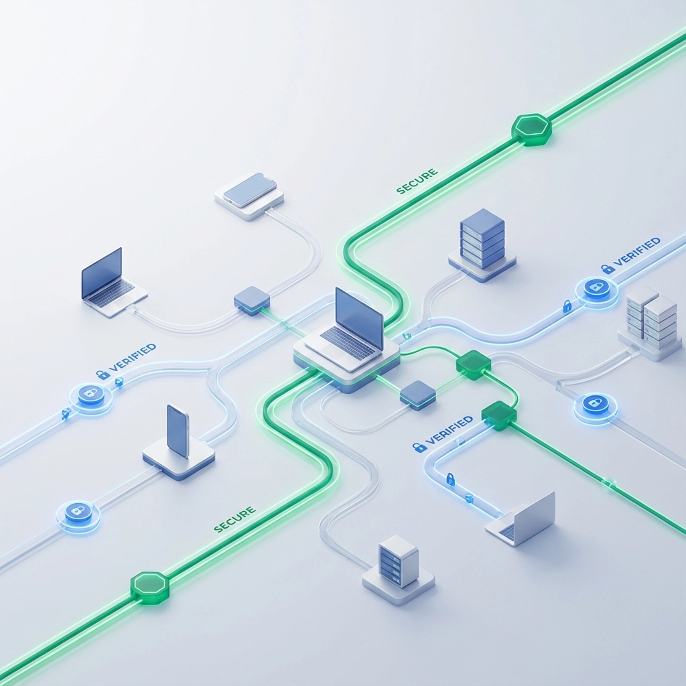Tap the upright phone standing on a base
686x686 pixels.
[x=178, y=432]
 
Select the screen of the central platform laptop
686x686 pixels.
[x=359, y=319]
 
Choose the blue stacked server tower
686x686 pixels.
[x=482, y=238]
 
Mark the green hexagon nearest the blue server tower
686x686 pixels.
[x=531, y=129]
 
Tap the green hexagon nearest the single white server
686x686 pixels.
[x=149, y=588]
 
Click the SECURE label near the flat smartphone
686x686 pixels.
[x=417, y=182]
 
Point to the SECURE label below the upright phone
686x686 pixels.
[x=234, y=519]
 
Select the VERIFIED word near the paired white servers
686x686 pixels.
[x=637, y=252]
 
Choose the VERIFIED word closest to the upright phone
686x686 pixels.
[x=133, y=358]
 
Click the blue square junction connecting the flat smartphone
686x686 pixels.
[x=252, y=300]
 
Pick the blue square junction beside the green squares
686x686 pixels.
[x=417, y=395]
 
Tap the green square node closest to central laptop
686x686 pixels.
[x=473, y=364]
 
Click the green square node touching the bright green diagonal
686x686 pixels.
[x=499, y=415]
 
